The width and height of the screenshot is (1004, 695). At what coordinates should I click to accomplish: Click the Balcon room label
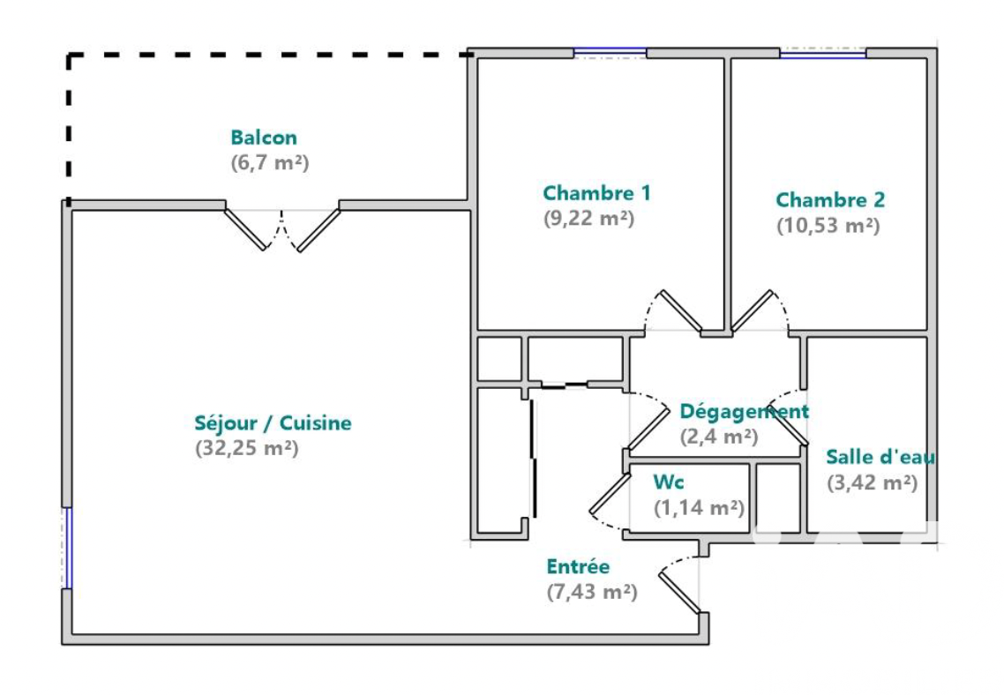[x=264, y=138]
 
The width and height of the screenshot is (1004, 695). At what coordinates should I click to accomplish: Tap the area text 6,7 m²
[x=270, y=162]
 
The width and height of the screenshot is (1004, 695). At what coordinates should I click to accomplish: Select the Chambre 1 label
[x=596, y=192]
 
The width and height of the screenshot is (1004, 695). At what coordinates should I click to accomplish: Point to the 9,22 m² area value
[x=589, y=218]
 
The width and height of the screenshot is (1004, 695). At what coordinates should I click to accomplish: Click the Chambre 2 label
[x=830, y=199]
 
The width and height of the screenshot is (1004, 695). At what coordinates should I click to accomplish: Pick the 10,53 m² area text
[x=828, y=225]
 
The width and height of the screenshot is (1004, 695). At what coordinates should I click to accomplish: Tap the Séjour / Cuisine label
[x=273, y=423]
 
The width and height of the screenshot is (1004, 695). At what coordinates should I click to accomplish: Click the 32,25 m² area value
[x=246, y=448]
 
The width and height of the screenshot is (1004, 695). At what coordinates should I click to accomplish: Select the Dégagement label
[x=745, y=411]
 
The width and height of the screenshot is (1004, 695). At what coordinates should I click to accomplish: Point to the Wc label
[x=669, y=482]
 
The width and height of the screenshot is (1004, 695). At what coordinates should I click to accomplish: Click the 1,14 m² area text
[x=700, y=507]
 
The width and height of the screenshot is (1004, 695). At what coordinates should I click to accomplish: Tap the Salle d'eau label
[x=880, y=457]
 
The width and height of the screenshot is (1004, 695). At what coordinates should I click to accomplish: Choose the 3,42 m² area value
[x=872, y=482]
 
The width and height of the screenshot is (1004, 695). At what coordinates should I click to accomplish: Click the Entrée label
[x=578, y=566]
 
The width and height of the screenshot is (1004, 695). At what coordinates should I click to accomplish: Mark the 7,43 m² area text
[x=592, y=591]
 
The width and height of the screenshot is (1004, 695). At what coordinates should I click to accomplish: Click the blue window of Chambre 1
[x=610, y=52]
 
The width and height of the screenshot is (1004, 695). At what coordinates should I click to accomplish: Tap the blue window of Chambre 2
[x=823, y=53]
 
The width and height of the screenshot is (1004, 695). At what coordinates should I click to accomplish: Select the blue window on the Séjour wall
[x=67, y=548]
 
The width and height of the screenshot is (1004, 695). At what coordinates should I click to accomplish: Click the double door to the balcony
[x=281, y=229]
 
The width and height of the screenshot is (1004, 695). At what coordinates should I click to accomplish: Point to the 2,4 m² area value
[x=719, y=437]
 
